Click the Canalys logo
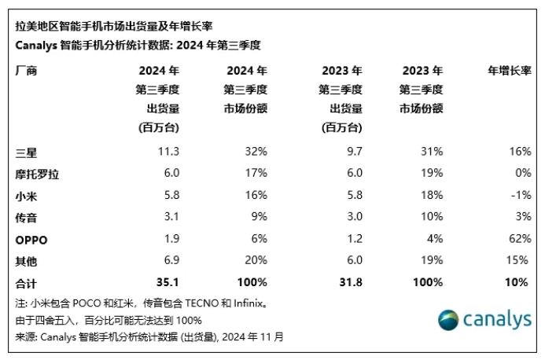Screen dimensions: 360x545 click(x=483, y=320)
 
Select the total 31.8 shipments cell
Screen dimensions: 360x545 click(x=349, y=282)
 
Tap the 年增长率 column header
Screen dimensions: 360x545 click(x=509, y=71)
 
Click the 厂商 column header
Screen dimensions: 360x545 click(x=27, y=71)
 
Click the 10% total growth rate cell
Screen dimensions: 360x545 click(x=516, y=282)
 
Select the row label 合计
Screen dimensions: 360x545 click(x=27, y=282)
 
